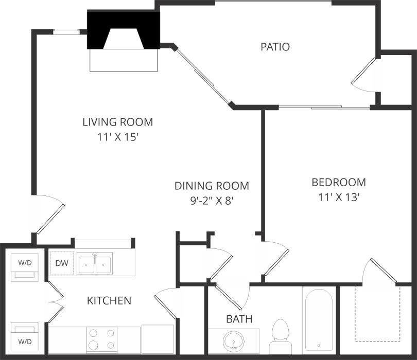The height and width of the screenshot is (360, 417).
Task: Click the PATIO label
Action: click(275, 47)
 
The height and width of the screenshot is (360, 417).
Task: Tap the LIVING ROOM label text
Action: click(118, 122)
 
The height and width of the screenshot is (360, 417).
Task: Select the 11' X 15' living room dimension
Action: click(118, 137)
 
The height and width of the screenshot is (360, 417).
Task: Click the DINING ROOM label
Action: click(211, 186)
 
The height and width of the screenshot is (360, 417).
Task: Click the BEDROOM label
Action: click(339, 182)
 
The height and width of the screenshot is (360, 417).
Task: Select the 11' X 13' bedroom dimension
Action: click(339, 197)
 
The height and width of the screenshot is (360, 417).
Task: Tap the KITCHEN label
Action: click(109, 300)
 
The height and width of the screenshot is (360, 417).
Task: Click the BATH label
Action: click(239, 319)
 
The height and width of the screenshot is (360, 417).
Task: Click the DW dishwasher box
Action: click(62, 263)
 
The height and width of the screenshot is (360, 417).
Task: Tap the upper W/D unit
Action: click(25, 266)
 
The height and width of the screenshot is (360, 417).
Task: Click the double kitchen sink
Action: click(95, 264)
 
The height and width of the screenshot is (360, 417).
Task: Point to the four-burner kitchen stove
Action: click(101, 339)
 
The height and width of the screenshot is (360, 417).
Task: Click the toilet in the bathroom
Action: click(281, 333)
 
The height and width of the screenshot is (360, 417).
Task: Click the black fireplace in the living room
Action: click(124, 31)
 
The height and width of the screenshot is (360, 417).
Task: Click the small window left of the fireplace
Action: click(66, 32)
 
